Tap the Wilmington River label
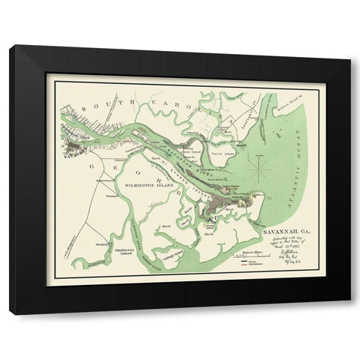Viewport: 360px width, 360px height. [136, 232]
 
